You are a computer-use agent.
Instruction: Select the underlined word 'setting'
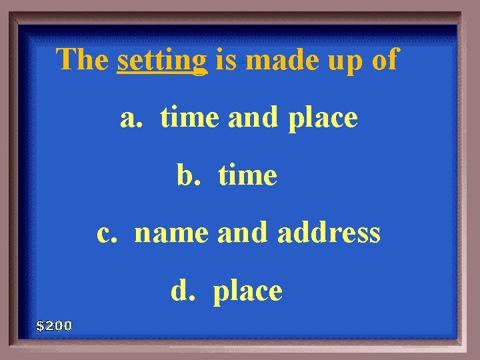pos(162,61)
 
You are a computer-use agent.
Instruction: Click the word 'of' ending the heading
pos(383,59)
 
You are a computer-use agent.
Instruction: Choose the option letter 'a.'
pos(131,119)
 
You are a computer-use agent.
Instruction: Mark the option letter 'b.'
pos(188,176)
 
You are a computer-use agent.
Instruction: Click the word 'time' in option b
pos(247,176)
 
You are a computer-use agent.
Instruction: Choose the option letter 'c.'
pos(108,233)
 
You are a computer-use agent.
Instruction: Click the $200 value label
pos(54,326)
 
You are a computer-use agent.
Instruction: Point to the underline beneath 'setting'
pos(162,74)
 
